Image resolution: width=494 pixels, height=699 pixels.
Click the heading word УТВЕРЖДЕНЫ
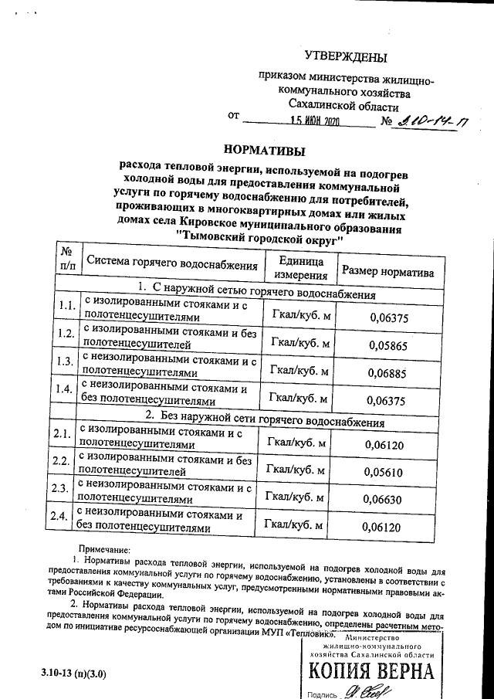point(346,56)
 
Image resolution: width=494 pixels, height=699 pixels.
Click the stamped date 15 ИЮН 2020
point(315,122)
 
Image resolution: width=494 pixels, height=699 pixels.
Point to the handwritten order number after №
point(433,121)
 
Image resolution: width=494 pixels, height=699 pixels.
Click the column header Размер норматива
point(388,272)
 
